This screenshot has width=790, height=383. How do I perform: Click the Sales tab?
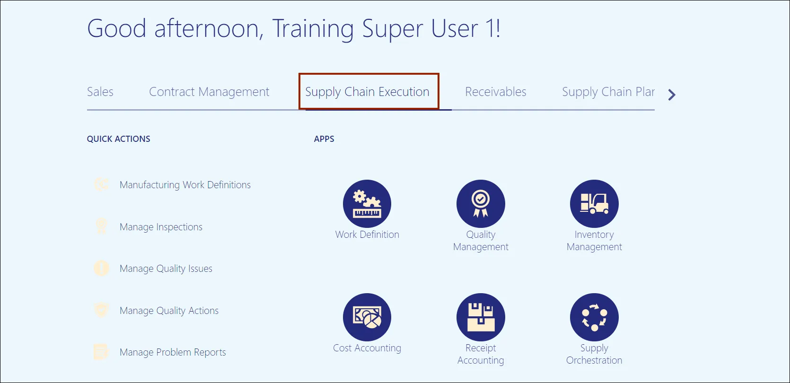click(100, 92)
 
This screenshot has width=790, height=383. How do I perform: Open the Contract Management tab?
click(209, 92)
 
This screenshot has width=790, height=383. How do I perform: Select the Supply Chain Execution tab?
click(367, 92)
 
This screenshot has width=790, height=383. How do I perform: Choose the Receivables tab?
click(495, 92)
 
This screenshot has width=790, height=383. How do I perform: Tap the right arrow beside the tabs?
click(672, 95)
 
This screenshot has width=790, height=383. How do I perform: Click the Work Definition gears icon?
click(367, 204)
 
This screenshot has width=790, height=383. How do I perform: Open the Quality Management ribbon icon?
click(481, 204)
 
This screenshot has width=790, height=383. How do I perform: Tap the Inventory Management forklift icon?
click(594, 204)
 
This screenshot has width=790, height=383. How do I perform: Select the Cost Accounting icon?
click(367, 317)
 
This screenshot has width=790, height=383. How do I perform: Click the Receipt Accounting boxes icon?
click(481, 317)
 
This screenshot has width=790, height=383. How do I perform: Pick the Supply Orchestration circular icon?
click(594, 317)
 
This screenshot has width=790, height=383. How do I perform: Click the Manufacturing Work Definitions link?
click(185, 185)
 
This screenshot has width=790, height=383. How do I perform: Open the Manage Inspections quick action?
click(161, 227)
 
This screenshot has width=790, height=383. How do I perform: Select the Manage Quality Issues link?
click(166, 269)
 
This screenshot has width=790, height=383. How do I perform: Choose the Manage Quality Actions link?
click(169, 310)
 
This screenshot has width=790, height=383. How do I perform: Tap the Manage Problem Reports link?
click(173, 352)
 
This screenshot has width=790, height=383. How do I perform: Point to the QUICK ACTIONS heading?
click(118, 139)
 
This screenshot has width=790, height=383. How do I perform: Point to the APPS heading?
click(324, 139)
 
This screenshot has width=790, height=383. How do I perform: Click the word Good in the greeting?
click(117, 28)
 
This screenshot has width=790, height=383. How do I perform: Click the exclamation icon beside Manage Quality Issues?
click(102, 269)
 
